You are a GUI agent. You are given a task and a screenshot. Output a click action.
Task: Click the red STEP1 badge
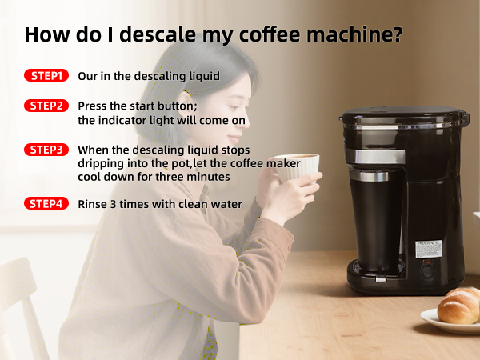pyautogui.click(x=46, y=76)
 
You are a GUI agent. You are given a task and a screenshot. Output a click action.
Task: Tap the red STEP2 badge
pyautogui.click(x=46, y=106)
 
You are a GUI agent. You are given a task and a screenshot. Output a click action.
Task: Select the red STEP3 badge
pyautogui.click(x=46, y=150)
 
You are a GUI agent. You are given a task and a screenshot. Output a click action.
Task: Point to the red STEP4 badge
pyautogui.click(x=46, y=203)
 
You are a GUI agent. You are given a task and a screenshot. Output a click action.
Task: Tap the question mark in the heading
pyautogui.click(x=396, y=35)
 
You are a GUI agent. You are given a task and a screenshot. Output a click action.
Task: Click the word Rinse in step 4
pyautogui.click(x=94, y=204)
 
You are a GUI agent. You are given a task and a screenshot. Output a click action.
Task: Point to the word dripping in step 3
pyautogui.click(x=102, y=163)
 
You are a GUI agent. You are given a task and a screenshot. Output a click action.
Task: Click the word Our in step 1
pyautogui.click(x=88, y=76)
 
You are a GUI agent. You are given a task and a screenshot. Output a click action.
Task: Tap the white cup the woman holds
pyautogui.click(x=297, y=169)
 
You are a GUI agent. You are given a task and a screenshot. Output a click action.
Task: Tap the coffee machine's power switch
pyautogui.click(x=428, y=269)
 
